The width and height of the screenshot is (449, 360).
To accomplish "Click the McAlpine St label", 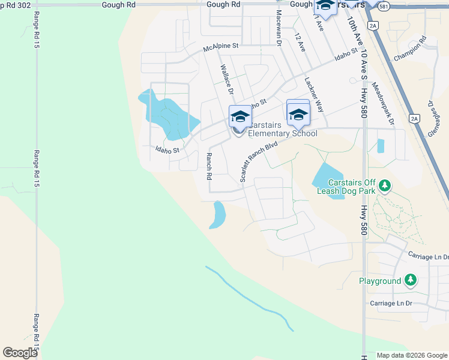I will [x=221, y=46].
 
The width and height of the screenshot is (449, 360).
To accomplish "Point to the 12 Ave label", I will [x=300, y=42].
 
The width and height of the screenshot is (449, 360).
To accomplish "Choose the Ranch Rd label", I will [x=209, y=166].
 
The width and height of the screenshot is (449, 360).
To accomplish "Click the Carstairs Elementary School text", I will [x=282, y=130].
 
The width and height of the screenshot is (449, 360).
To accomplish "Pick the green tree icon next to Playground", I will [x=411, y=280].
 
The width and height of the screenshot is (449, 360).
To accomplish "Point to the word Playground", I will [x=380, y=281].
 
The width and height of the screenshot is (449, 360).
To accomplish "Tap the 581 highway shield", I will [x=384, y=7].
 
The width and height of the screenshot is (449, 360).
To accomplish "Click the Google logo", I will [x=20, y=353].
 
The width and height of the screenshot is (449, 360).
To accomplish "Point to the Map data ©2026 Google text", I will [x=412, y=355].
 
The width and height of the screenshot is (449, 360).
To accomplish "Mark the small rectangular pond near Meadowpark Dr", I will [x=381, y=146].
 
